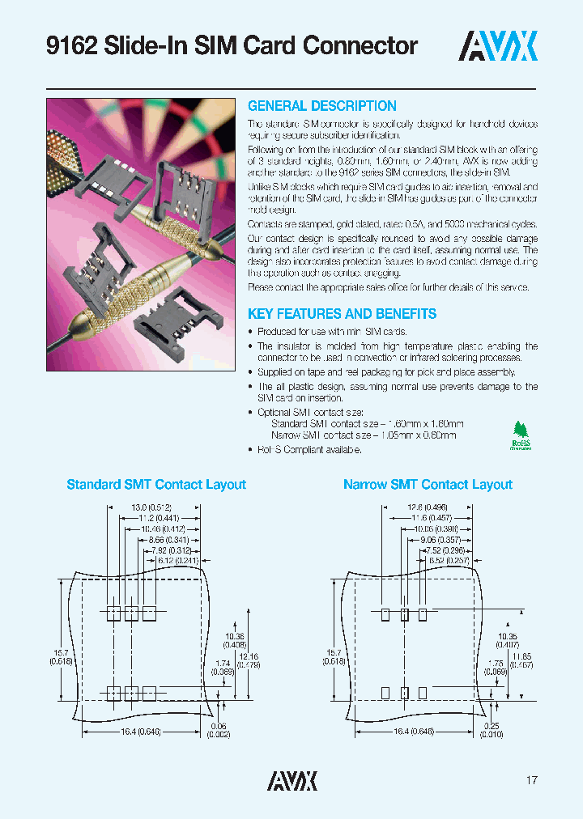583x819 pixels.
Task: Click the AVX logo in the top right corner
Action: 498,47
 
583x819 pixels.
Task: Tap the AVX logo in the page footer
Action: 291,780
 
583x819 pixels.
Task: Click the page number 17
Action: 531,780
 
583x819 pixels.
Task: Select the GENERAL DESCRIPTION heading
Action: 321,106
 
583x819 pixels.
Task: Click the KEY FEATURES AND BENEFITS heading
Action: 342,314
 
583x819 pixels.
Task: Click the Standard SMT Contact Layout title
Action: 155,485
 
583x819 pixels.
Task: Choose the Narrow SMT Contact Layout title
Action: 428,485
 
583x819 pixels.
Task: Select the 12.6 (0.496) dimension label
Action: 428,507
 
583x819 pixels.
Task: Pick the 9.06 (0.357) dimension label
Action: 436,539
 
